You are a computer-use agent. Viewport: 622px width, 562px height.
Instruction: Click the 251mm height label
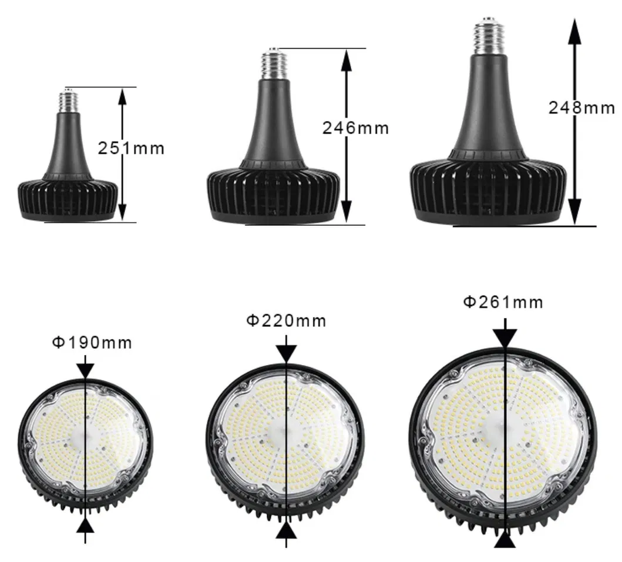(x=131, y=148)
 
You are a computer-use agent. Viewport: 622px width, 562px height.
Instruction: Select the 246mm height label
(x=355, y=128)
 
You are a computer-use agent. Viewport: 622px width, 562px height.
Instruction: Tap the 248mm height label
(x=581, y=108)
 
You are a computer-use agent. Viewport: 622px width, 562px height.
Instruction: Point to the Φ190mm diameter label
(x=92, y=343)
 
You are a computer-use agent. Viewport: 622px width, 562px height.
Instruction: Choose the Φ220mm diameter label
(x=285, y=321)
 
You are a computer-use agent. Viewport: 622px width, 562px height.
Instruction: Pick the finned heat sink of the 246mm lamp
(x=273, y=191)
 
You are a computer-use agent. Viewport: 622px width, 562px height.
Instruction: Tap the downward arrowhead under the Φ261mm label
(x=505, y=339)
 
